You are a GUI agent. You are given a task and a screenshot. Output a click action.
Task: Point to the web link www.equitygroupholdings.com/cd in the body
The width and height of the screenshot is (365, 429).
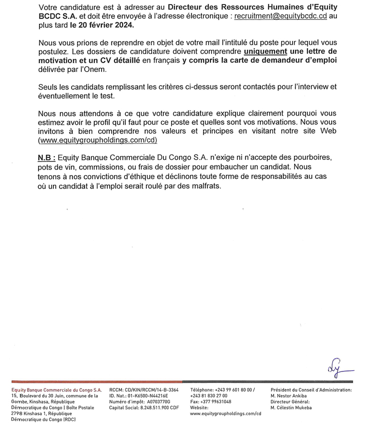click(98, 140)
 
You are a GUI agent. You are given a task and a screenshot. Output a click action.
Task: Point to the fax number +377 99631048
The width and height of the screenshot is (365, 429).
click(210, 402)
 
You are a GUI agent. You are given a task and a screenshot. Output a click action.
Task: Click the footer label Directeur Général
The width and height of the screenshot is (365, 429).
click(291, 402)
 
